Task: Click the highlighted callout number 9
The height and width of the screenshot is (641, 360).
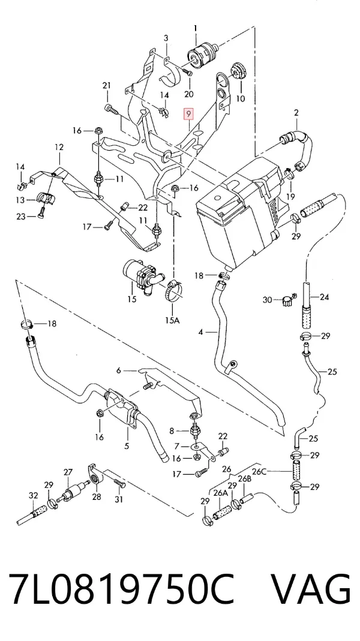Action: pyautogui.click(x=188, y=114)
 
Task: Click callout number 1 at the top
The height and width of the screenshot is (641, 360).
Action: pyautogui.click(x=196, y=28)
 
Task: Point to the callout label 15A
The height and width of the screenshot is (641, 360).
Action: pyautogui.click(x=172, y=320)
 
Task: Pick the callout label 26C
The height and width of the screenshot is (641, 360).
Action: pyautogui.click(x=259, y=471)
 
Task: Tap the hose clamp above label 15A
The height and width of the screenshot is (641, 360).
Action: pyautogui.click(x=174, y=289)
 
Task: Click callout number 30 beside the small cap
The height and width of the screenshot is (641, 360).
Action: pyautogui.click(x=267, y=301)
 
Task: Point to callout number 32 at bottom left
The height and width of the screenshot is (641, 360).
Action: pyautogui.click(x=33, y=496)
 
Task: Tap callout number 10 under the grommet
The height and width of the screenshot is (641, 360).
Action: pyautogui.click(x=240, y=98)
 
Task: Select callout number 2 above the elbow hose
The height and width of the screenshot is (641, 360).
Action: pyautogui.click(x=296, y=112)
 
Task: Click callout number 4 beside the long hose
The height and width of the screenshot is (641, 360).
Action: pyautogui.click(x=200, y=333)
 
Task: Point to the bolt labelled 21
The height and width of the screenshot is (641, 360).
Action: pyautogui.click(x=111, y=109)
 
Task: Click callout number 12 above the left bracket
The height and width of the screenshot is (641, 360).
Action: pyautogui.click(x=59, y=147)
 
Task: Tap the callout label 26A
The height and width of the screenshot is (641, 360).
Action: pyautogui.click(x=221, y=493)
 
